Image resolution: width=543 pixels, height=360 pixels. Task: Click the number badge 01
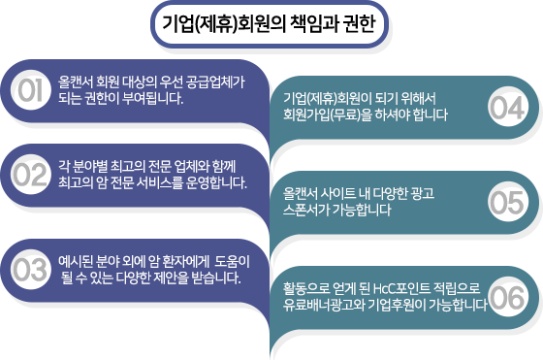31,90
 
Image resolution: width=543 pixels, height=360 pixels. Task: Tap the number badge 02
31,175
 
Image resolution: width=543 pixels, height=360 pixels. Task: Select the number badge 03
31,270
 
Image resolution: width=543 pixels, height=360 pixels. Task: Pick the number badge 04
508,107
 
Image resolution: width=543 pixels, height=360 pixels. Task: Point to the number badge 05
508,202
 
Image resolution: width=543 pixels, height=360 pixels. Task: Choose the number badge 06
508,297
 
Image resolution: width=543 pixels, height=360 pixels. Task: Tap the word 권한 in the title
360,24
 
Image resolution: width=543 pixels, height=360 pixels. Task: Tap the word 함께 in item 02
224,167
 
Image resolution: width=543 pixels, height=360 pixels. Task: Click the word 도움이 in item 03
232,262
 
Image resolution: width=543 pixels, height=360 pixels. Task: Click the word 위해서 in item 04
418,98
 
